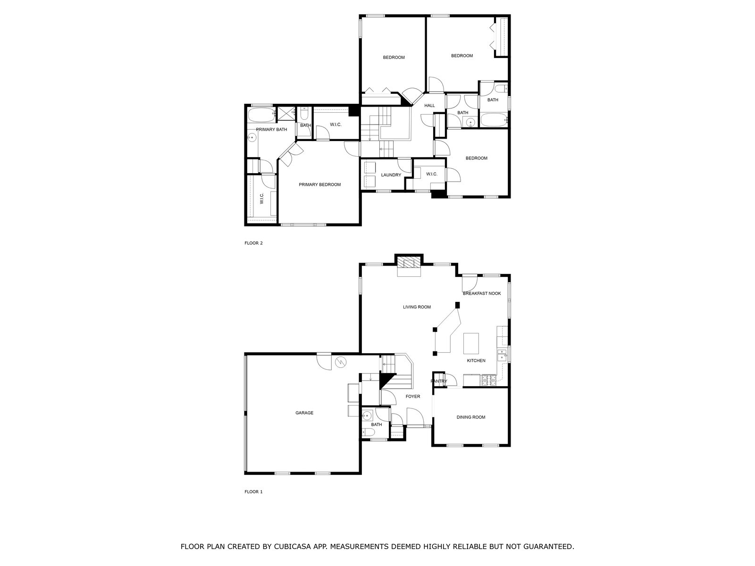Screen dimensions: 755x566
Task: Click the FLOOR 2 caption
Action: tap(253, 243)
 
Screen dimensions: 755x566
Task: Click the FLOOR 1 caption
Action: tap(253, 491)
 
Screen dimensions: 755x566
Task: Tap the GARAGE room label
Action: tap(304, 413)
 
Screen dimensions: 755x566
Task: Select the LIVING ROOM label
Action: tap(417, 307)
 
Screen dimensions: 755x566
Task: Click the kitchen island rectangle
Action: tap(471, 343)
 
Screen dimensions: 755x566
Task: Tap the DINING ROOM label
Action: tap(471, 417)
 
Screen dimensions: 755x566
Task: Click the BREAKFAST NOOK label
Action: tap(482, 293)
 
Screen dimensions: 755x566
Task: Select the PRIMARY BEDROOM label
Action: tap(319, 184)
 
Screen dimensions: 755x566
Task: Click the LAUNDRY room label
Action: tap(391, 175)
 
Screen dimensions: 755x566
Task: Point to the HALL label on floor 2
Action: tap(429, 106)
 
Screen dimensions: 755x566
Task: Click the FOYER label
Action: tap(413, 396)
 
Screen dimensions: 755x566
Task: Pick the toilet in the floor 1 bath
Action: tap(367, 433)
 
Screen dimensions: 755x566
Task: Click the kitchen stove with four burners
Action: tap(488, 380)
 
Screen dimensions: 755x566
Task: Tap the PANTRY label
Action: tap(439, 381)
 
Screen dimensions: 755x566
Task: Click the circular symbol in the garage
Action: tap(341, 362)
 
